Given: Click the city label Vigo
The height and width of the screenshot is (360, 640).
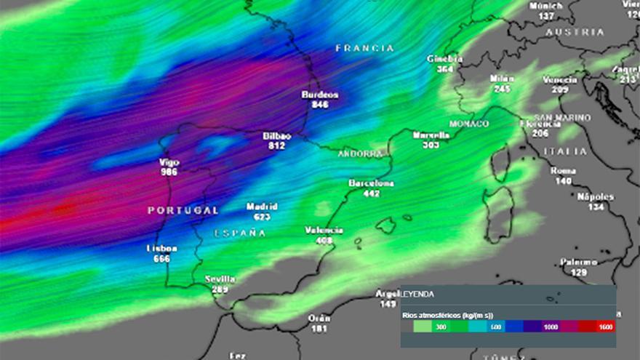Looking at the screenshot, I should click(169, 162).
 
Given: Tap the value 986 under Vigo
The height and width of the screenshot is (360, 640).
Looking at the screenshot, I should click(169, 172).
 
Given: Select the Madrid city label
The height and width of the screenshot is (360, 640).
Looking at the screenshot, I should click(262, 207).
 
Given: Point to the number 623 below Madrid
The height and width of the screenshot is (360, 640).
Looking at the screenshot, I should click(262, 217).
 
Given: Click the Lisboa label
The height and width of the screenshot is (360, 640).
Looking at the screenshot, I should click(162, 248).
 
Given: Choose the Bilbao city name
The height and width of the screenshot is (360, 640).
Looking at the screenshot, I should click(277, 136).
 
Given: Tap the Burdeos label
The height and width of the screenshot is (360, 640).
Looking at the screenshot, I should click(320, 95).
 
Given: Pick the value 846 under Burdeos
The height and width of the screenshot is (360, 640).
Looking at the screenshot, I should click(320, 105).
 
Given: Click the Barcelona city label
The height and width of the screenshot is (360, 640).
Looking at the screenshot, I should click(371, 183).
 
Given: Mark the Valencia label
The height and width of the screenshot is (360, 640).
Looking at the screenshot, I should click(324, 231).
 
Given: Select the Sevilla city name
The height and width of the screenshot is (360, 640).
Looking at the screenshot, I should click(220, 279).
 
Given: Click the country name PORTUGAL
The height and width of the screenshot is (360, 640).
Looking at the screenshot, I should click(183, 210).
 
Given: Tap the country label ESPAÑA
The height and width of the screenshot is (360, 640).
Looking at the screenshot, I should click(240, 233).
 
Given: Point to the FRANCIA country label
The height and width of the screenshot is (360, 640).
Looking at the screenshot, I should click(364, 48).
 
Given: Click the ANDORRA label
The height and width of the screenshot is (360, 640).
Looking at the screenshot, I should click(360, 154).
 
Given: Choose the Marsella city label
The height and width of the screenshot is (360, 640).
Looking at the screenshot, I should click(431, 135).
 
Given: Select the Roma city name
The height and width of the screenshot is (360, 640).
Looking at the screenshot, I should click(563, 171).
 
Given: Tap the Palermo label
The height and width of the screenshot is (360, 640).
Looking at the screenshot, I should click(579, 262).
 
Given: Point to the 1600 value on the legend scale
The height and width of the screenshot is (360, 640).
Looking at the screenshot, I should click(605, 327).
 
